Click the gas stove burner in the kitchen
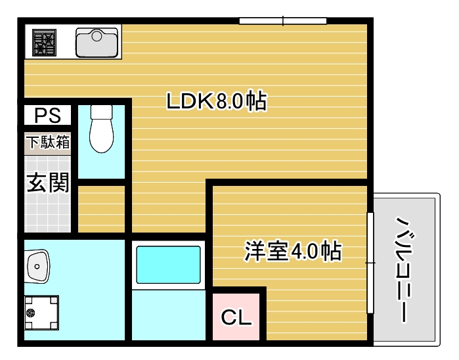[x=44, y=43]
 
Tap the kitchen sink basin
[x=97, y=43]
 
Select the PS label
[x=47, y=115]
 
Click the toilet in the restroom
[x=102, y=129]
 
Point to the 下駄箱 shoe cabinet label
[x=48, y=142]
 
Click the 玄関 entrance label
[x=48, y=183]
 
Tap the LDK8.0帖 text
[x=217, y=101]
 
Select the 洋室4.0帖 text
[x=293, y=251]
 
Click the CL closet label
[x=236, y=317]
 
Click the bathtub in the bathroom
[x=169, y=265]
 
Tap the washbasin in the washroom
[x=37, y=266]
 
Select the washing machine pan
[x=41, y=313]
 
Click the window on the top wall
[x=283, y=21]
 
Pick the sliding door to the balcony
[x=370, y=263]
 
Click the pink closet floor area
[x=236, y=317]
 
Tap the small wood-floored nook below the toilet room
[x=102, y=209]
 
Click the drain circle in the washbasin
[x=37, y=267]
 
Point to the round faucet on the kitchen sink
[x=97, y=35]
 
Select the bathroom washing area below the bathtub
[x=169, y=315]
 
